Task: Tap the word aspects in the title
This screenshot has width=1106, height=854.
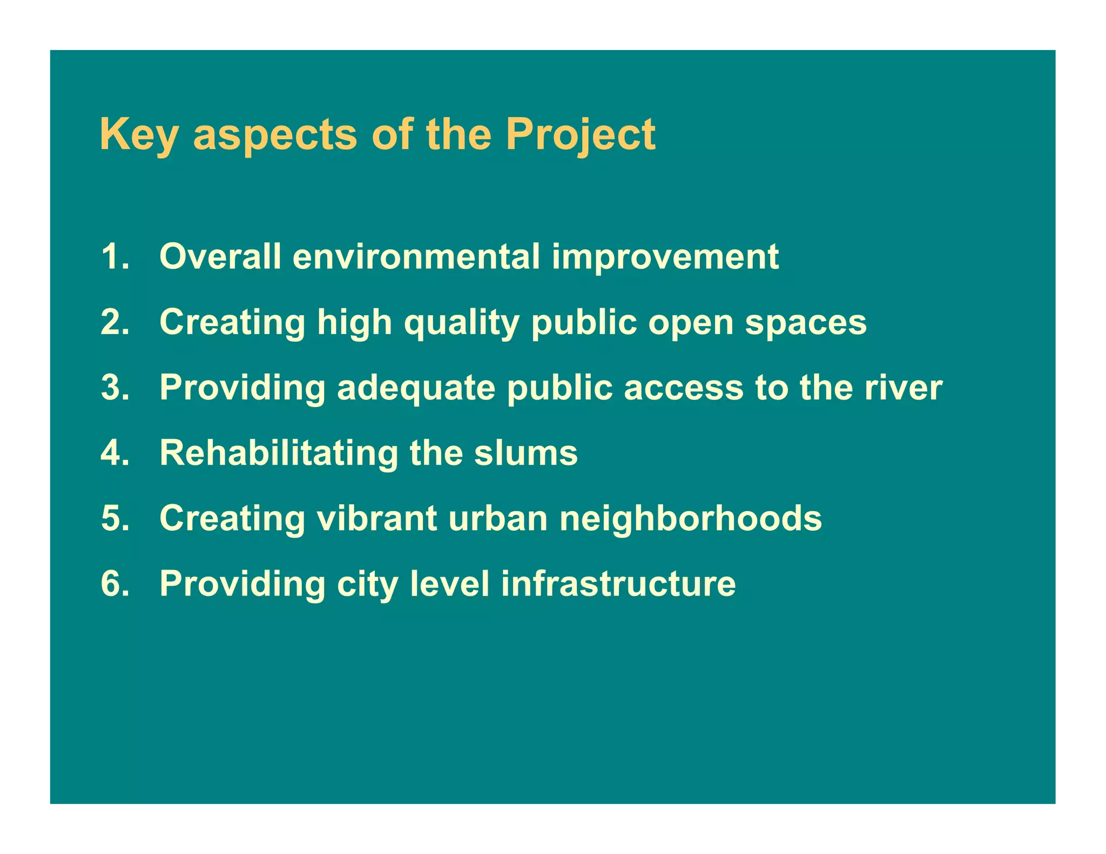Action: coord(275,135)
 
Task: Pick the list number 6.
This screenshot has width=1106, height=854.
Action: coord(115,584)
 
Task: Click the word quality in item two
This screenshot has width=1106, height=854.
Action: coord(462,322)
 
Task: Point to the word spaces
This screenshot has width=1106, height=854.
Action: coord(806,322)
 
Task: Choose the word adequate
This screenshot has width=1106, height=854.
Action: coord(416,388)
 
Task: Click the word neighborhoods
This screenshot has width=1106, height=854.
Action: coord(690,518)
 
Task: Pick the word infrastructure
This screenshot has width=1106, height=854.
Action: coord(618,584)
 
